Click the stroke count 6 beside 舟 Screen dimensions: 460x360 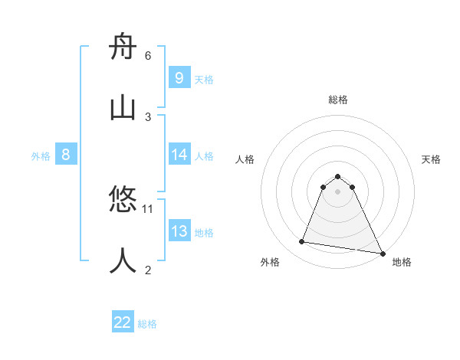coord(148,55)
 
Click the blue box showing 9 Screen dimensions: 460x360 coord(179,77)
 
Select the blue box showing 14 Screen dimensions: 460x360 coord(179,155)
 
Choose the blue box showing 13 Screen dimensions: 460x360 coord(179,231)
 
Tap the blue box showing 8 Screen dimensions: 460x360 coord(66,155)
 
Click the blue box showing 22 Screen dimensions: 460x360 coord(123,322)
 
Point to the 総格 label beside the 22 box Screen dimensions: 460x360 coord(147,324)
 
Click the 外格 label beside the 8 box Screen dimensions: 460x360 coord(41,156)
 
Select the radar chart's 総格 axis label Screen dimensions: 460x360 coord(338,100)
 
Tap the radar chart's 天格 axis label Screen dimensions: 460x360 coord(431,159)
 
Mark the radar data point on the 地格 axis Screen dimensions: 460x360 coord(382,253)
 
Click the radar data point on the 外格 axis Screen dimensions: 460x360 coord(302,242)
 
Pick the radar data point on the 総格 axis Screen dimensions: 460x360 coord(338,175)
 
